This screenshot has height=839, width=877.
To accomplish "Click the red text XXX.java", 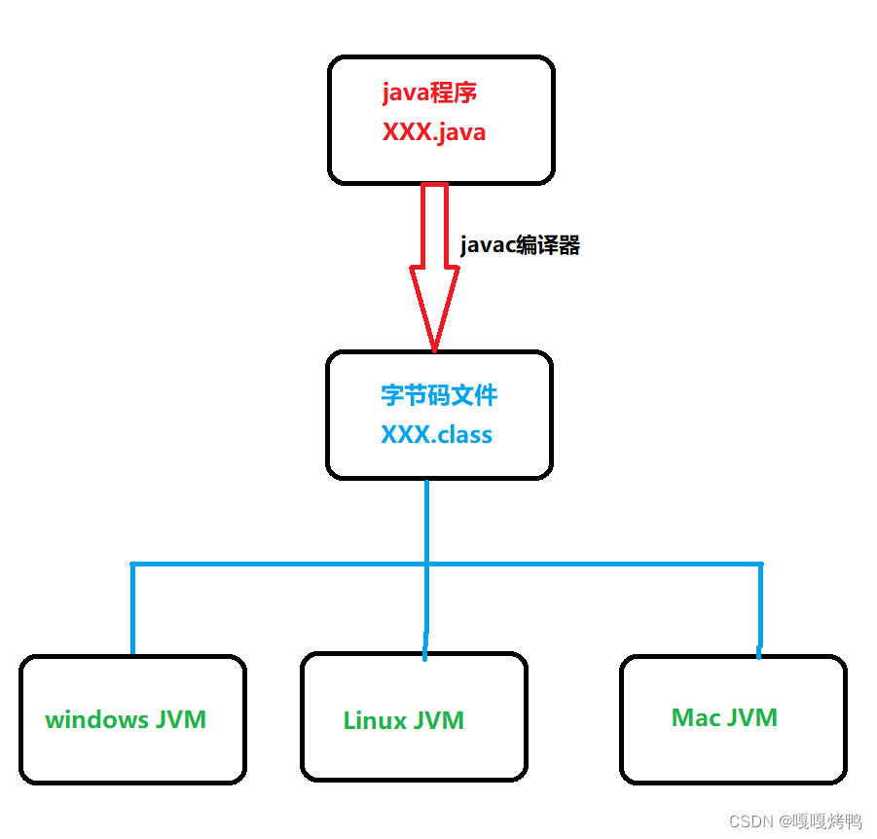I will pos(433,132).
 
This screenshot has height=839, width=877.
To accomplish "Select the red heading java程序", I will pos(429,93).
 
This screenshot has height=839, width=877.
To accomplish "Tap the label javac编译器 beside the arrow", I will pos(520,245).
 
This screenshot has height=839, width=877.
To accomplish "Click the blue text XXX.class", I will pos(436,434).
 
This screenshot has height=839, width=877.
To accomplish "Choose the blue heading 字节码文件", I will pos(439,395).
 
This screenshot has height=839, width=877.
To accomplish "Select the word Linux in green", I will pos(375,721).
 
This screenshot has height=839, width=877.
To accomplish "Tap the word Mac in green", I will pos(696,718).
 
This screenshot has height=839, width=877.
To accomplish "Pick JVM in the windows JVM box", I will pos(180,720).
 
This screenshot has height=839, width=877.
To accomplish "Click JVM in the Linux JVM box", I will pos(439,721).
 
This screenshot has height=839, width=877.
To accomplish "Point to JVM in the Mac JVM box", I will pos(752,718).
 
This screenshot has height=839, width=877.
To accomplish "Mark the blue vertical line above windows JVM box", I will pos(132,609).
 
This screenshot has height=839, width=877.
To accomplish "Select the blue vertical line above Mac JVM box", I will pos(760,609).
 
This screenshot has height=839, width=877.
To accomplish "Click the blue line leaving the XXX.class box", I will pos(426,521).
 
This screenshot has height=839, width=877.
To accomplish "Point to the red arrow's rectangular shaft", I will pos(434,224).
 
